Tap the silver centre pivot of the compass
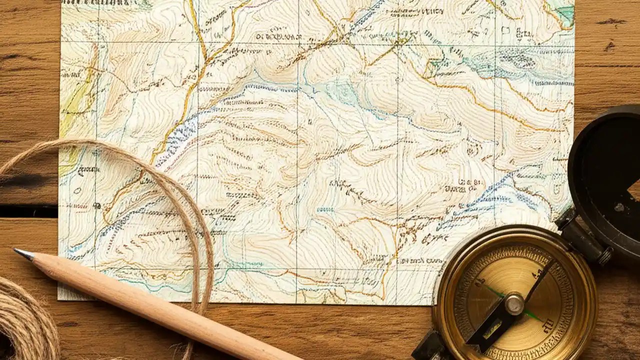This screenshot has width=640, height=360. click(514, 303)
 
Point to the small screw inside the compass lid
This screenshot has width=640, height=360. click(619, 206)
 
